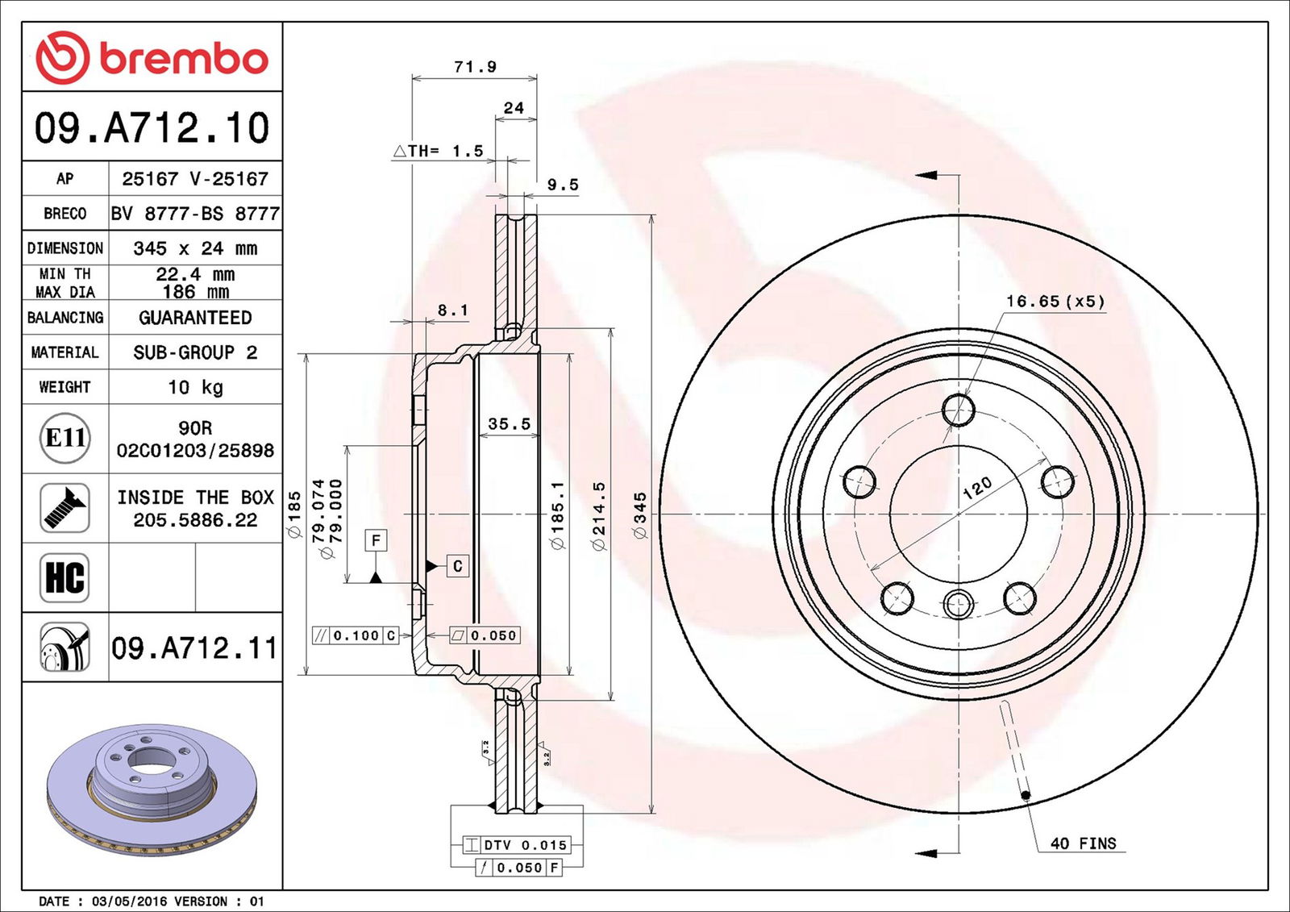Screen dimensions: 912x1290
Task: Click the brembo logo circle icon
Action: coord(62,57)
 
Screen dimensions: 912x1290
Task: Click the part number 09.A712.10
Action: coord(152,128)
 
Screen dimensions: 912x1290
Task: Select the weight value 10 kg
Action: coord(195,387)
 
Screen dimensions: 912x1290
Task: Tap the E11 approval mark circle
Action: coord(64,438)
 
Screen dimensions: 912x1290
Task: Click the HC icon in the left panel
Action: coord(64,577)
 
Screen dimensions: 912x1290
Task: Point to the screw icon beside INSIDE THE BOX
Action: coord(64,508)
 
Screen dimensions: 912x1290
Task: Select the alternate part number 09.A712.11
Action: coord(193,648)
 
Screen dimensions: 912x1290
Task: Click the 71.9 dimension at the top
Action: coord(475,67)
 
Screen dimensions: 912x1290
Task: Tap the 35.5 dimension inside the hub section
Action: coord(509,424)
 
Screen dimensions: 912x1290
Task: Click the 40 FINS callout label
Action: coord(1083,843)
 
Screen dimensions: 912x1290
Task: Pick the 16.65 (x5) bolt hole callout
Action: coord(1055,302)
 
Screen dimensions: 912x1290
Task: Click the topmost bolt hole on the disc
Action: coord(959,410)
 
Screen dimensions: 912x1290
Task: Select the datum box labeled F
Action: coord(376,540)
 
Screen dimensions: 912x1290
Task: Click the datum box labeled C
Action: coord(457,566)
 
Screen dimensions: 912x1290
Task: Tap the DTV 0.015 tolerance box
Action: coord(517,845)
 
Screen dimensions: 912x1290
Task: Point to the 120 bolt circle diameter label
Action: coord(977,487)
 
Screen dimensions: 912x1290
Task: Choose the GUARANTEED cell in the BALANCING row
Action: coord(195,318)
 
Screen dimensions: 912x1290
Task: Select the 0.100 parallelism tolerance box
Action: coord(356,635)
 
